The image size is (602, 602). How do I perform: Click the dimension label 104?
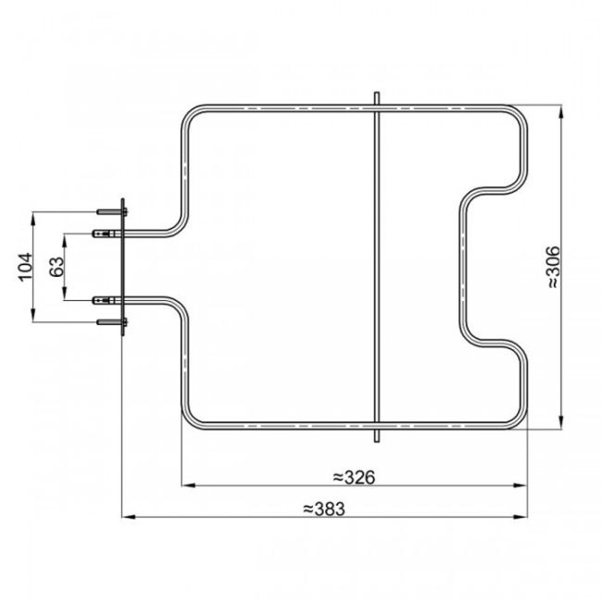coord(25,267)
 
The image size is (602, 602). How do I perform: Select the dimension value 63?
coord(56,267)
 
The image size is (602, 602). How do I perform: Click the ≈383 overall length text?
coord(323,508)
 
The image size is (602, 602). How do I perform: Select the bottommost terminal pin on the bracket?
coord(109,320)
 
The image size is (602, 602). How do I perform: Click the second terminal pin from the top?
coord(105,233)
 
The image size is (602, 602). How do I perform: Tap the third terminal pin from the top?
coord(105,300)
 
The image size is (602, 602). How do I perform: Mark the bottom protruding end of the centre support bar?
coord(376,436)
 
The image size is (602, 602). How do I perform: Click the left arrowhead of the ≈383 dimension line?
coord(128,516)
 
